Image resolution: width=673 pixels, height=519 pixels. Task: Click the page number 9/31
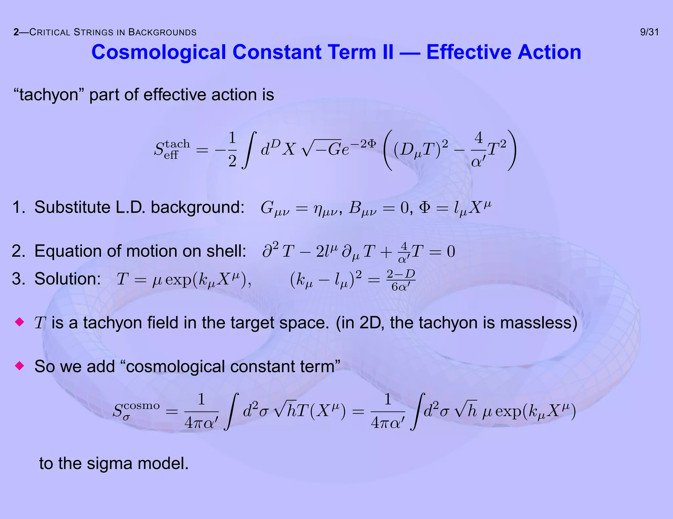(649, 32)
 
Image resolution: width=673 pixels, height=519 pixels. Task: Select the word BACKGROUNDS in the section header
(162, 32)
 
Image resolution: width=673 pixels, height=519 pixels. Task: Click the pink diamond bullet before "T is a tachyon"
(20, 322)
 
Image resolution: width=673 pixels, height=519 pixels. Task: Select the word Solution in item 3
(67, 279)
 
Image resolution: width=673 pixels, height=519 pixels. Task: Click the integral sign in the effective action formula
(249, 150)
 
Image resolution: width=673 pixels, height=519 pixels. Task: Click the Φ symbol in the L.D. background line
(425, 207)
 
